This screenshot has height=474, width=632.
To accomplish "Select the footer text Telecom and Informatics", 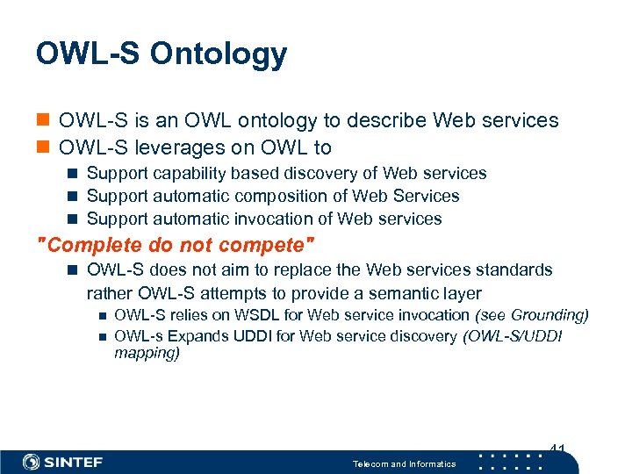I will (404, 463).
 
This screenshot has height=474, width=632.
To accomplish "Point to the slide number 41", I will (557, 450).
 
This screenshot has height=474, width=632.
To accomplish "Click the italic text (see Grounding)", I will (531, 314).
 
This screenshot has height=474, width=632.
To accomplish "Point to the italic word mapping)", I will (147, 353).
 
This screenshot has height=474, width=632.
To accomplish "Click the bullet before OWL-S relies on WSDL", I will (103, 315).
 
